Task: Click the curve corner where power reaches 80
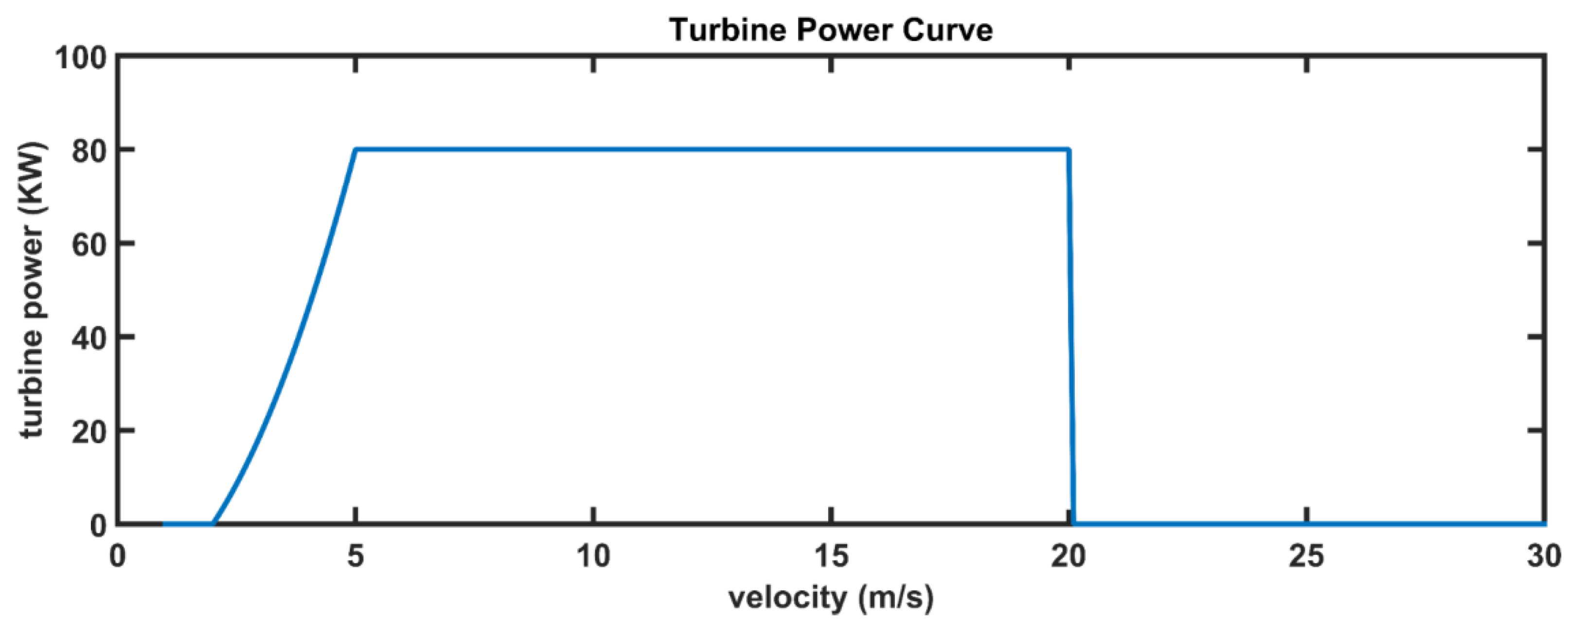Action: coord(356,149)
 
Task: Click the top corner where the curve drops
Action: coord(1069,149)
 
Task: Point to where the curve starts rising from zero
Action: coord(213,523)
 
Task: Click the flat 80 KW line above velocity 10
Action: coord(593,149)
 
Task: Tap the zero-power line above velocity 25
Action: coord(1307,524)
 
